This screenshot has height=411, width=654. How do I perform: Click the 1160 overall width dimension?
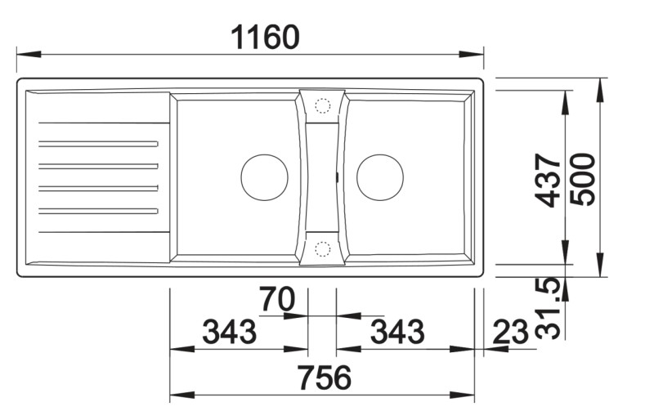265,37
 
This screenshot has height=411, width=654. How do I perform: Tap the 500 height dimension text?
583,180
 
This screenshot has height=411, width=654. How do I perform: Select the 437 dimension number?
548,181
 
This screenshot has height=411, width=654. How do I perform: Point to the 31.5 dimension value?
548,308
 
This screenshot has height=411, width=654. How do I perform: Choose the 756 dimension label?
325,377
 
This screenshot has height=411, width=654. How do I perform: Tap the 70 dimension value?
277,299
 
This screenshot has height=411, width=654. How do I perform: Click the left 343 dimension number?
230,332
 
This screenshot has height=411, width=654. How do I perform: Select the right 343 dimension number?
397,332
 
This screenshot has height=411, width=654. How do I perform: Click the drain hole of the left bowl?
264,177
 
